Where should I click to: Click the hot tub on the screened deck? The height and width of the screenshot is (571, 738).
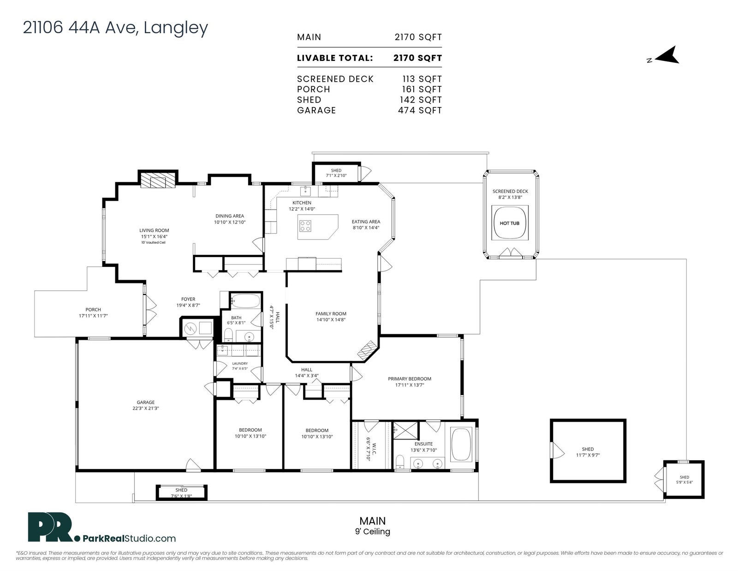509,223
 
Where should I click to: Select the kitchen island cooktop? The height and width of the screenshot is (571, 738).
305,226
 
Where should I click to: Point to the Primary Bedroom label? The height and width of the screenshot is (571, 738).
410,379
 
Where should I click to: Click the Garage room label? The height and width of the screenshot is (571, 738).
146,402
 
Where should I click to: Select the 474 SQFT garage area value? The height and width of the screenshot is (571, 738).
420,110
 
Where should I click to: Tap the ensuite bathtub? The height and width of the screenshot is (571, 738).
461,444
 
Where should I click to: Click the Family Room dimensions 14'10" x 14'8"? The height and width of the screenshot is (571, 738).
330,319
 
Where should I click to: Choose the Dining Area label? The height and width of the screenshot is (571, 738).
230,216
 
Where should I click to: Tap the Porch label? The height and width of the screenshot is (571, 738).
93,310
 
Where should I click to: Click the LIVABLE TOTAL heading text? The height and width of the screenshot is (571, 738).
335,58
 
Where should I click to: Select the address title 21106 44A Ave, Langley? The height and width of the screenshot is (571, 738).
115,28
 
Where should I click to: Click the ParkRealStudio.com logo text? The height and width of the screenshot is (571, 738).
130,539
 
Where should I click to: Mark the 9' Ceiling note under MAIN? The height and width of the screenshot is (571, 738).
373,532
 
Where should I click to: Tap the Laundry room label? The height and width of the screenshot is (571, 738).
240,363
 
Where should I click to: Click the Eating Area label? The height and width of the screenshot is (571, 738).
366,222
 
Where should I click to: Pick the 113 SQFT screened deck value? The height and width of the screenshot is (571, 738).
422,79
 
